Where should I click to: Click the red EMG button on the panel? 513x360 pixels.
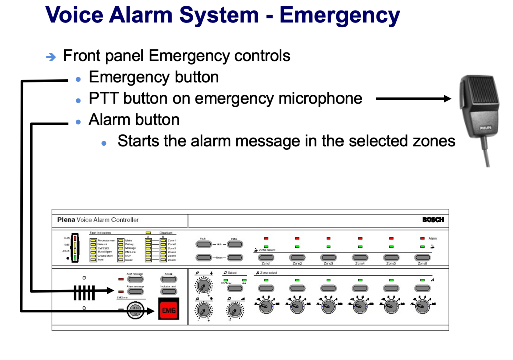[x=168, y=311]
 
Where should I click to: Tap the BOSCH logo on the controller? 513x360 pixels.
[x=433, y=220]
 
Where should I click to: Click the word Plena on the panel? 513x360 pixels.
[x=66, y=220]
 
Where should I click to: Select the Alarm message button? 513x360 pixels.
[x=135, y=291]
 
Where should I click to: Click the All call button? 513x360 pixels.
[x=168, y=278]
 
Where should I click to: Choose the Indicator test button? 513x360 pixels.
[x=168, y=291]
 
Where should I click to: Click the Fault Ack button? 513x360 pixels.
[x=203, y=244]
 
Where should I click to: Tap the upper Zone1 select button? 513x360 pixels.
[x=266, y=257]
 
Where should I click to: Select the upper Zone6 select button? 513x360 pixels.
[x=422, y=257]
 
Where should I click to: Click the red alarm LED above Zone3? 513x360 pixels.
[x=328, y=238]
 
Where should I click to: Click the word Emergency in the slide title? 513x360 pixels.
[x=339, y=15]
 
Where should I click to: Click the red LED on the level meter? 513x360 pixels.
[x=75, y=238]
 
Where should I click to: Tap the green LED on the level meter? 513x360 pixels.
[x=75, y=257]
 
